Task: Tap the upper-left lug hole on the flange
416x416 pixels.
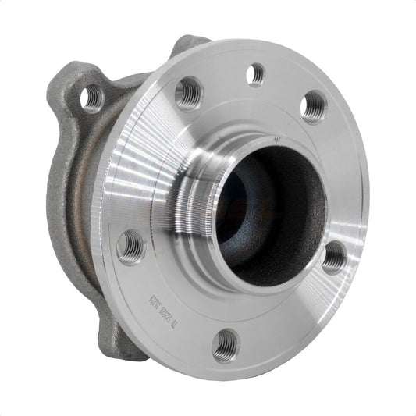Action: coord(188,94)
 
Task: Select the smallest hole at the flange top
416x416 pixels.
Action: coord(255,75)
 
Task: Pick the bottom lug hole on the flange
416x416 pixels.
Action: coord(226,343)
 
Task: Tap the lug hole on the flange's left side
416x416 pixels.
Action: coord(130,247)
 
